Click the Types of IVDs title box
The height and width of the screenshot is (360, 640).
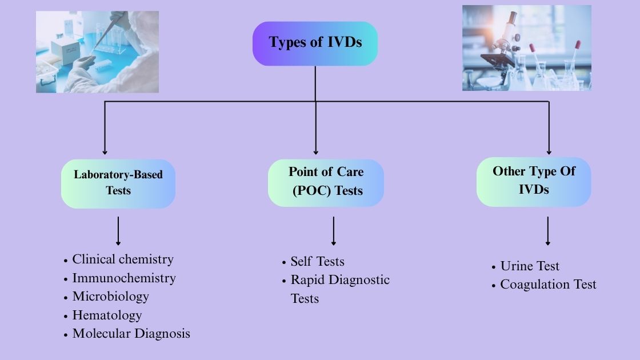pos(315,43)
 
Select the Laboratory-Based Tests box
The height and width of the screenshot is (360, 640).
pos(118,183)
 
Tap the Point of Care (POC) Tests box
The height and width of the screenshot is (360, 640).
pos(326,182)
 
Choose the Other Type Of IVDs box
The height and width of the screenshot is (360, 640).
pos(533,181)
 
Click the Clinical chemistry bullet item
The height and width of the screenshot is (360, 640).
pos(122,259)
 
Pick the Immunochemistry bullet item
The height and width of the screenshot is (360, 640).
pos(123,278)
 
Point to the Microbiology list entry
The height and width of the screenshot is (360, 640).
pos(110,297)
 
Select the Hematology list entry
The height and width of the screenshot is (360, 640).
pos(107,315)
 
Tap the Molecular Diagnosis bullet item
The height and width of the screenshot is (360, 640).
pos(131,334)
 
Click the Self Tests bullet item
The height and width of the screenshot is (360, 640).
pos(317,262)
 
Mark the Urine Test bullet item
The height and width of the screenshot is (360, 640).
pos(529,266)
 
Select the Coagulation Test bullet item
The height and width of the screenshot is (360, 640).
pos(547,285)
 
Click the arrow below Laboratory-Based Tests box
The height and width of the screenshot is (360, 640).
pos(118,231)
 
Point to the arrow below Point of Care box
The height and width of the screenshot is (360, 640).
pos(334,231)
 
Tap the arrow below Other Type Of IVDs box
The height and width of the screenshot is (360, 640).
pos(548,231)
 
